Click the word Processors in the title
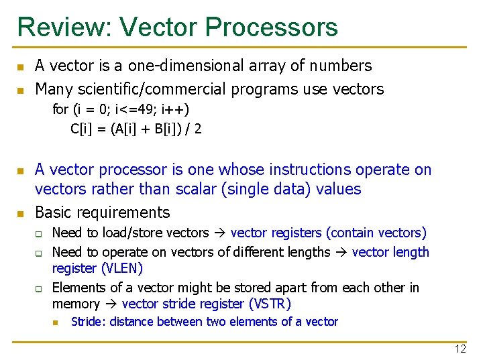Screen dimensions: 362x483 coord(272,27)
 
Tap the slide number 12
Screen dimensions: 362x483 coord(460,349)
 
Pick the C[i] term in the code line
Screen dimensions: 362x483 coord(81,128)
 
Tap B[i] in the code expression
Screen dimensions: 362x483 coord(167,128)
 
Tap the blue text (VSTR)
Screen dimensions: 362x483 coord(270,304)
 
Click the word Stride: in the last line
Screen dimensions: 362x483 coord(89,322)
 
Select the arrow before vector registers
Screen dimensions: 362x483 coord(219,233)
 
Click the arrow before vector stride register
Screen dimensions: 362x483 coord(111,304)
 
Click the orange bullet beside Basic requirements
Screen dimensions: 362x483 coord(20,214)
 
